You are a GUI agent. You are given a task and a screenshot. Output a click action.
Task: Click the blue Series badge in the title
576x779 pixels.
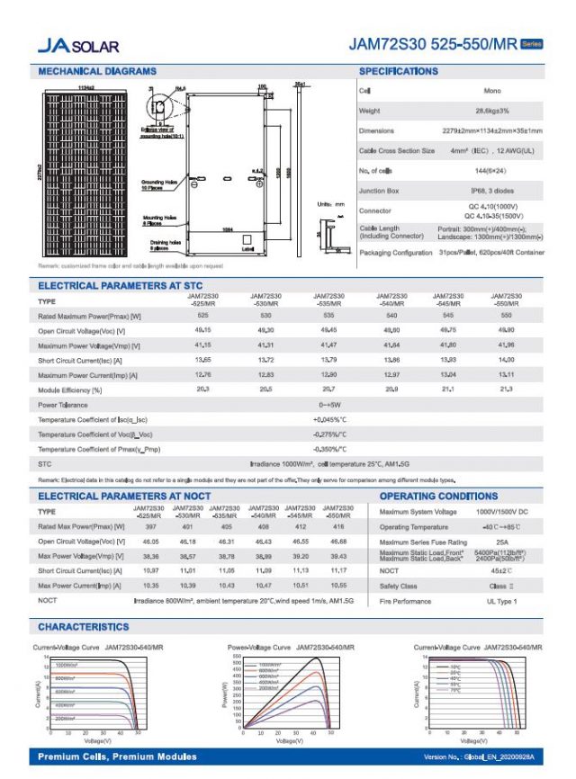tap(531, 43)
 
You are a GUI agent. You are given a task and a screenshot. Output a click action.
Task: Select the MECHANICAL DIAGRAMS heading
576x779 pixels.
tap(97, 71)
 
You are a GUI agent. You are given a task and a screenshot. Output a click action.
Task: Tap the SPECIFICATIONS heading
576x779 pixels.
tap(399, 71)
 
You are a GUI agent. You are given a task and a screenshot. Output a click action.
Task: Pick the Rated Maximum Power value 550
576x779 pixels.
tap(506, 316)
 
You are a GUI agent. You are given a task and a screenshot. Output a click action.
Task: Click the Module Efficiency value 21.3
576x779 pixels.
tap(506, 389)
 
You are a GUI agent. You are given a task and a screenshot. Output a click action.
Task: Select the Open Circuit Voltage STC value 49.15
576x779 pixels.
tap(202, 330)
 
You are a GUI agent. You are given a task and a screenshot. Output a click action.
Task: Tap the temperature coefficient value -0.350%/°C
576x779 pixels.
tap(329, 449)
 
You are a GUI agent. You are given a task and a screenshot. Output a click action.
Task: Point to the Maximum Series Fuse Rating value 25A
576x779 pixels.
tap(502, 542)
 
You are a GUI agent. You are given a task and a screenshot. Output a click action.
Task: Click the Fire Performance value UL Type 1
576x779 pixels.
tap(502, 601)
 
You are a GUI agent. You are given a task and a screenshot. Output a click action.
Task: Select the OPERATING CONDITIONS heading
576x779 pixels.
tap(438, 496)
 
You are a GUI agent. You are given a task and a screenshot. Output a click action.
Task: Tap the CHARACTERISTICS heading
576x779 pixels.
tap(83, 627)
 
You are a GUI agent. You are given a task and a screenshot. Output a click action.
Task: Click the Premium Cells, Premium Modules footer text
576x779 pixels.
tap(117, 757)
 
